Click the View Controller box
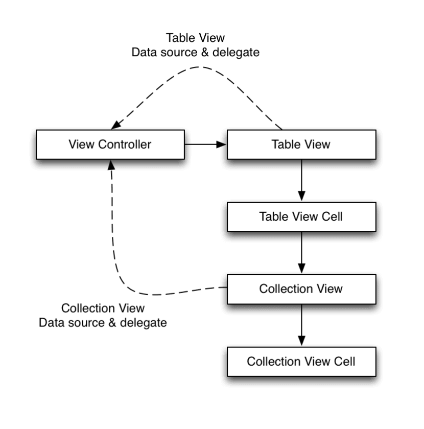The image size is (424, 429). pyautogui.click(x=110, y=145)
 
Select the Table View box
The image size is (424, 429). pyautogui.click(x=301, y=145)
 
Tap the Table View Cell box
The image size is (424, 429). pyautogui.click(x=301, y=217)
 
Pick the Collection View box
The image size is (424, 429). pyautogui.click(x=301, y=289)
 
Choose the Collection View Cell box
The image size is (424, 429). pyautogui.click(x=301, y=362)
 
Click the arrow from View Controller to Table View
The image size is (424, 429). pyautogui.click(x=204, y=145)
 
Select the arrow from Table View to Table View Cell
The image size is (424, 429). pyautogui.click(x=301, y=179)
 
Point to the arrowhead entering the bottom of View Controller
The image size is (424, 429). pyautogui.click(x=110, y=164)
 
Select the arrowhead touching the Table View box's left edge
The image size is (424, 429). pyautogui.click(x=222, y=145)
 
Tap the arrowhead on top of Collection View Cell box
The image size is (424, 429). pyautogui.click(x=301, y=341)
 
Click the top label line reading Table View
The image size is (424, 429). pyautogui.click(x=196, y=38)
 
